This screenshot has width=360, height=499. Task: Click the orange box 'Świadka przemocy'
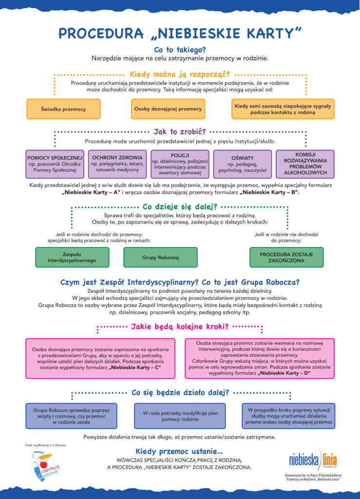click(63, 109)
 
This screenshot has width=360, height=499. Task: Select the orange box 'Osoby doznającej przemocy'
click(168, 109)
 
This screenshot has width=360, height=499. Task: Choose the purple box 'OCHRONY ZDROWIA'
click(117, 164)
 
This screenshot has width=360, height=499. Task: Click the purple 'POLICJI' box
click(180, 164)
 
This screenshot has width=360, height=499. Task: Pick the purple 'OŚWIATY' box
click(243, 164)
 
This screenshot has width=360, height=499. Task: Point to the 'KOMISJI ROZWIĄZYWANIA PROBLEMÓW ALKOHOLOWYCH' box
click(305, 164)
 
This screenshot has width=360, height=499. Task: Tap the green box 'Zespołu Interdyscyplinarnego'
click(72, 257)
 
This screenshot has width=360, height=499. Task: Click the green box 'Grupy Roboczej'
click(161, 257)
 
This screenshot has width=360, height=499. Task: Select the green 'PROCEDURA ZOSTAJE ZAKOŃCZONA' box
click(286, 257)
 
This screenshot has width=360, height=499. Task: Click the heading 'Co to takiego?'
click(180, 50)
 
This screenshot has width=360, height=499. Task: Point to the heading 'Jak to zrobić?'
click(180, 132)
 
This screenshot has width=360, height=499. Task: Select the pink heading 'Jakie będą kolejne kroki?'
click(180, 326)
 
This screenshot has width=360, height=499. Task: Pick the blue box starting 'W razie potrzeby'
click(180, 416)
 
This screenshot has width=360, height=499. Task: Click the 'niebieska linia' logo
click(312, 459)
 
